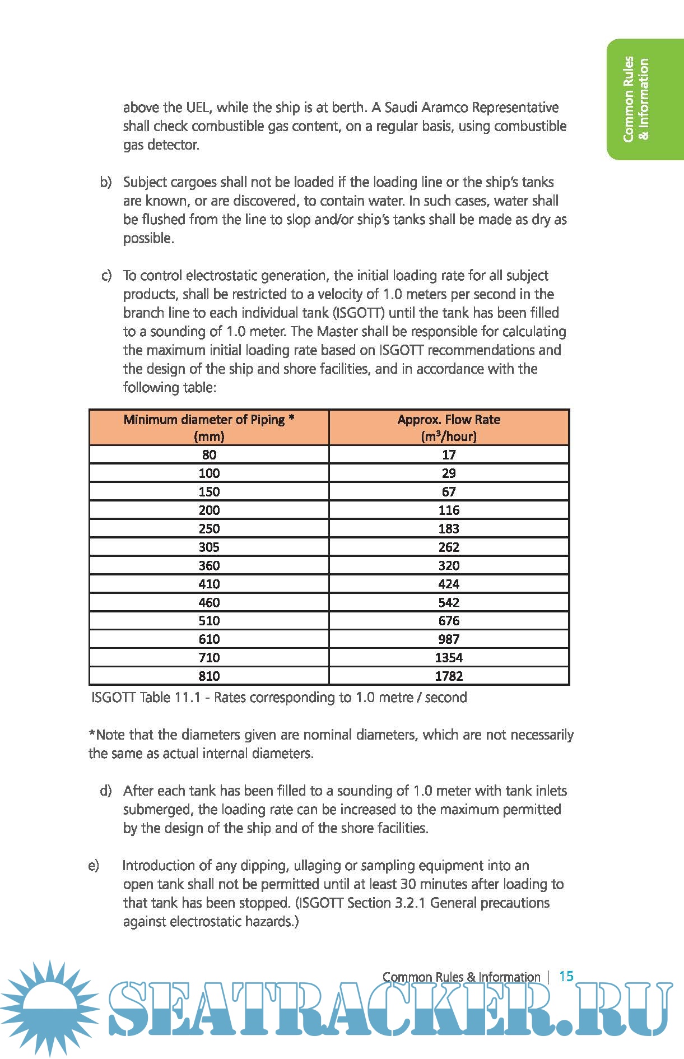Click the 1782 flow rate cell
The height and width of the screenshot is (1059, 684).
[x=449, y=676]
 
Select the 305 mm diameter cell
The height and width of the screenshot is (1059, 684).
[x=209, y=547]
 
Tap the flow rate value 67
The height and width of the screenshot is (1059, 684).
[x=449, y=491]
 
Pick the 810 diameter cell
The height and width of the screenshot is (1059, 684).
[x=209, y=676]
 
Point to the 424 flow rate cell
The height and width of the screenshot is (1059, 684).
[x=449, y=584]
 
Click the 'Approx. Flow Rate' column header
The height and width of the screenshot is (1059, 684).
[x=449, y=428]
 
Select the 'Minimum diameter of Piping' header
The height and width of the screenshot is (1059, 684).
[x=209, y=428]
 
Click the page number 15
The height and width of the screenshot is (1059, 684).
[x=566, y=976]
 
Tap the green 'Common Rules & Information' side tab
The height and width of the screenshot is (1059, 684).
[x=637, y=99]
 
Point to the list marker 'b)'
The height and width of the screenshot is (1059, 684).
[x=106, y=182]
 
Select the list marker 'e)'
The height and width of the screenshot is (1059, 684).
[x=94, y=866]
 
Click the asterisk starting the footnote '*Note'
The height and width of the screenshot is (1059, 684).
[x=92, y=733]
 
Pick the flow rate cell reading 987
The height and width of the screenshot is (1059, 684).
[x=449, y=639]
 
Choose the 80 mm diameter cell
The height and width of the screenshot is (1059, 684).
[x=209, y=454]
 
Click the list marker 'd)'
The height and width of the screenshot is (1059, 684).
[x=106, y=791]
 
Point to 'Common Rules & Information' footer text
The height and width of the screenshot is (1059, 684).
[x=461, y=977]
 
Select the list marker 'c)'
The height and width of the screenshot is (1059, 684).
[x=106, y=276]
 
